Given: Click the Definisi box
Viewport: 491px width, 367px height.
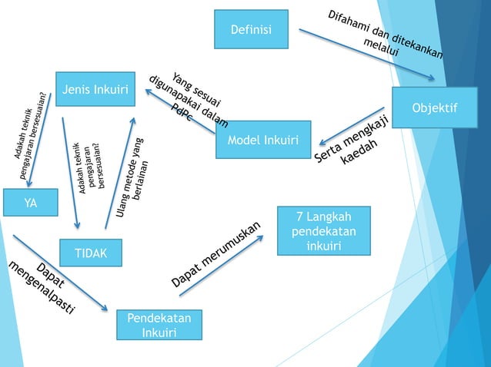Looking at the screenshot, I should (252, 29).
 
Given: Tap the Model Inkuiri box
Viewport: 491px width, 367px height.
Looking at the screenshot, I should (263, 141).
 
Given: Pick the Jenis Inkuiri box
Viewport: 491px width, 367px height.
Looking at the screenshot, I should (95, 90).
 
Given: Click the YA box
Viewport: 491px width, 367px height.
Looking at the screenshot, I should (30, 203).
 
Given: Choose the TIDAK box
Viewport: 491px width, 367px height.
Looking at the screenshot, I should (91, 253).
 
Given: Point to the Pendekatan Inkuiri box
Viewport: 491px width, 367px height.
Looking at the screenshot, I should (159, 324).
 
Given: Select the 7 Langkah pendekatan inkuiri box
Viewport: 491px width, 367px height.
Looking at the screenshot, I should (324, 230).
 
